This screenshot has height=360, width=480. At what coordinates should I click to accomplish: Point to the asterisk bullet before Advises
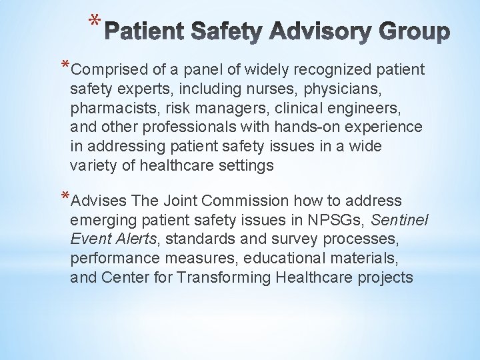point(64,197)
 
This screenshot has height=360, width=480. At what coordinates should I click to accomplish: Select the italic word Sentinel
point(399,220)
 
